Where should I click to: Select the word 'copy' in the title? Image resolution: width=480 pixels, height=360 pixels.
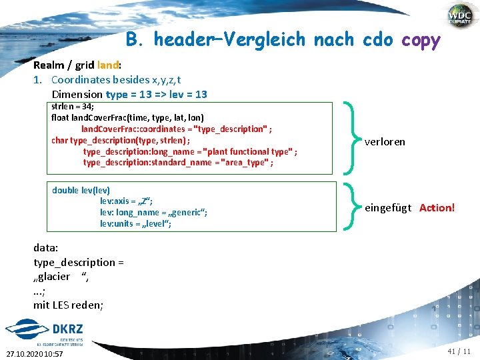(421, 40)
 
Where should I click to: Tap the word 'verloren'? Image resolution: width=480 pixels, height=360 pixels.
(385, 141)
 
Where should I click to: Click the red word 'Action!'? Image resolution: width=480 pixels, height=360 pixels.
(437, 208)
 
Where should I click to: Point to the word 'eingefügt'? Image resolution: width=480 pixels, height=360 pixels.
(388, 208)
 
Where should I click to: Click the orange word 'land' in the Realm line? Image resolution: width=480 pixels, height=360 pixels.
(107, 66)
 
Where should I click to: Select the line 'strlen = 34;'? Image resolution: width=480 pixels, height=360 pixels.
(73, 106)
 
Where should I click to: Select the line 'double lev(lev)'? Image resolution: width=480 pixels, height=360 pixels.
(81, 190)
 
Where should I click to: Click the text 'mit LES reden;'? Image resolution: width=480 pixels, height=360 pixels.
(68, 305)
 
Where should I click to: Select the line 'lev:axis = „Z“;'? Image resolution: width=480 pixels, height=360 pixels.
(127, 201)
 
